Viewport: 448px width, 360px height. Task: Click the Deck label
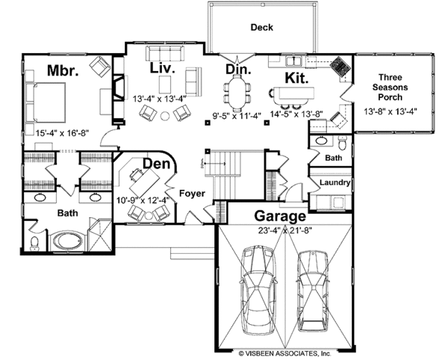pyautogui.click(x=262, y=28)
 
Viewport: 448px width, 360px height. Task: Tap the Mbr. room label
pyautogui.click(x=63, y=70)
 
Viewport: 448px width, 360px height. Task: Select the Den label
pyautogui.click(x=156, y=164)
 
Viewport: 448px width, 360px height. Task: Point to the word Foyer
pyautogui.click(x=192, y=193)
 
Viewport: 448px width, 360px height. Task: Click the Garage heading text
pyautogui.click(x=280, y=216)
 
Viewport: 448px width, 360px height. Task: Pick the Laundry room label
pyautogui.click(x=335, y=182)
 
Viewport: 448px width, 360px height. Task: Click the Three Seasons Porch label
pyautogui.click(x=391, y=87)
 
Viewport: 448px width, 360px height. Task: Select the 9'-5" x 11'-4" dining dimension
pyautogui.click(x=237, y=116)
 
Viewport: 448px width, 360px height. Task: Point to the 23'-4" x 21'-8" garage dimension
pyautogui.click(x=284, y=230)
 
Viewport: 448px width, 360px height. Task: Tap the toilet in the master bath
pyautogui.click(x=35, y=243)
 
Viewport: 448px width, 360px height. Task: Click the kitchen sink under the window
pyautogui.click(x=294, y=61)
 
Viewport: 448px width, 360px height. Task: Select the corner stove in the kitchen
pyautogui.click(x=340, y=67)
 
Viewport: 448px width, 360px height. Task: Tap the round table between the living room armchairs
pyautogui.click(x=165, y=116)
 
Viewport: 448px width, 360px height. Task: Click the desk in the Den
pyautogui.click(x=145, y=183)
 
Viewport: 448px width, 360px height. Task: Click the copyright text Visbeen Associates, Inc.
pyautogui.click(x=284, y=354)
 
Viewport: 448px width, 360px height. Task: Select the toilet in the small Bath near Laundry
pyautogui.click(x=342, y=143)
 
